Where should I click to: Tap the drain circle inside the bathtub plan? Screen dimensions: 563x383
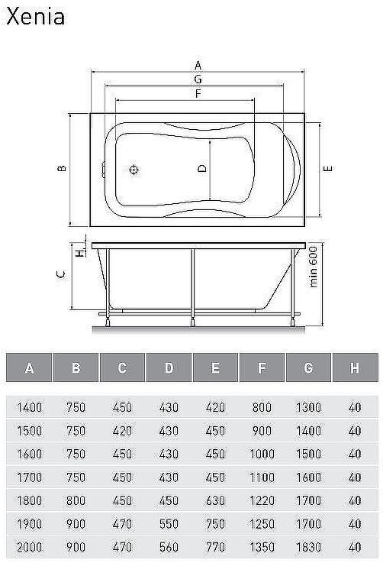[x=134, y=170]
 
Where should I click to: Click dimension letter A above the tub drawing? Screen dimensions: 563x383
[x=198, y=65]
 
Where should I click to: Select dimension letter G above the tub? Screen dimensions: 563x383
[x=198, y=79]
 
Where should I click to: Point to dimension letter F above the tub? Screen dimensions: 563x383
[x=198, y=94]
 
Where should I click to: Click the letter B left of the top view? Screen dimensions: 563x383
[x=64, y=169]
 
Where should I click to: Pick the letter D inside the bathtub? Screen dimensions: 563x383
[x=202, y=169]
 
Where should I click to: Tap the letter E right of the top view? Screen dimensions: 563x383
[x=326, y=169]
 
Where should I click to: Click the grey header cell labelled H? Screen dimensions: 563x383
[x=354, y=368]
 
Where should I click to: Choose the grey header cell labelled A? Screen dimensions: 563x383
[x=29, y=368]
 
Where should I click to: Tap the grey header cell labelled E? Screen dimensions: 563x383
[x=215, y=368]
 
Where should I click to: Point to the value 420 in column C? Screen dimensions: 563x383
[x=122, y=431]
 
